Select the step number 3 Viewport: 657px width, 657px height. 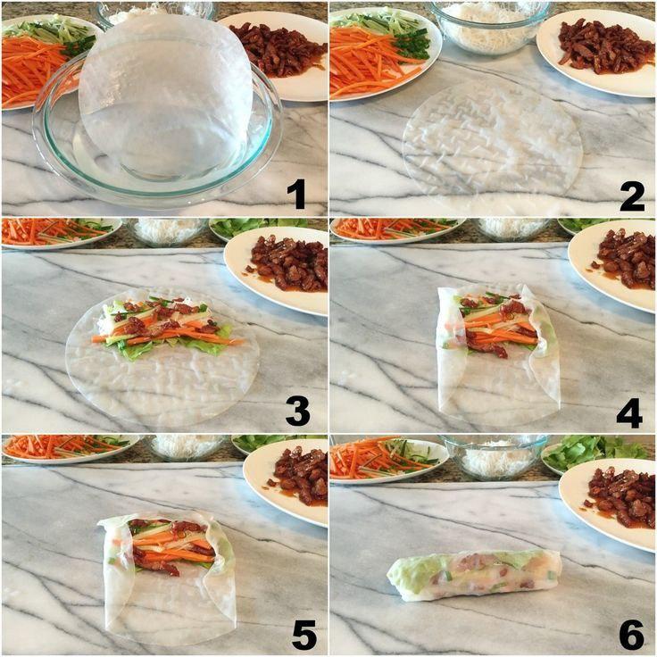click(x=298, y=412)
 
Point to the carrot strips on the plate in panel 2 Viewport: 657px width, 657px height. click(x=377, y=65)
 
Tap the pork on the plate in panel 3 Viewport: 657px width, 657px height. click(x=289, y=262)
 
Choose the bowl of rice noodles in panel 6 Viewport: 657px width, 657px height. click(x=495, y=457)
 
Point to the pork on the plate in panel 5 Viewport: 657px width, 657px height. click(x=301, y=476)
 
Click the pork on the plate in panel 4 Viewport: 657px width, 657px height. click(x=625, y=261)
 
